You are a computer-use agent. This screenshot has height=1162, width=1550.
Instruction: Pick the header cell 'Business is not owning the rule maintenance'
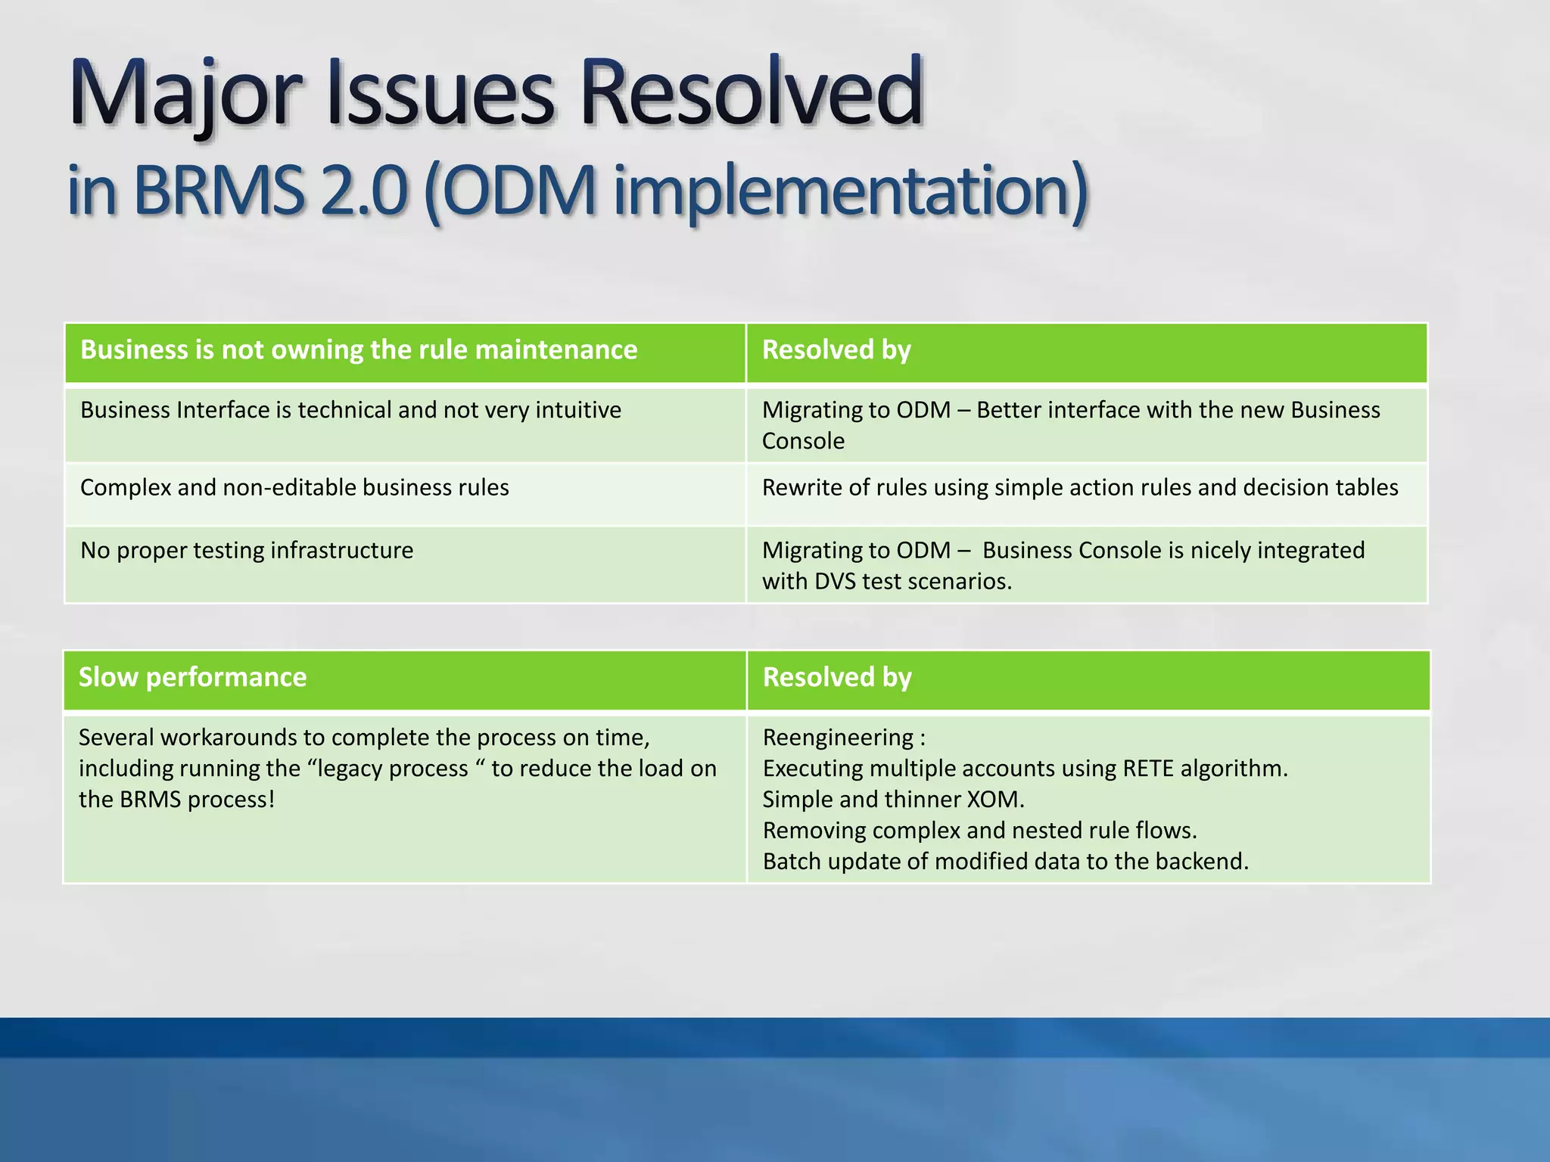[359, 350]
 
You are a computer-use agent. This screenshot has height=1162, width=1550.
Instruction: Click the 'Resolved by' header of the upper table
[836, 350]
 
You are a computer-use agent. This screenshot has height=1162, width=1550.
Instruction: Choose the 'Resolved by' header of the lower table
[836, 677]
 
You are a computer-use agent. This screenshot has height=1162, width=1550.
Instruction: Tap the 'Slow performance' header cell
[192, 677]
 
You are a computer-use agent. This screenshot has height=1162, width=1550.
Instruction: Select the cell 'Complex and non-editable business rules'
[294, 487]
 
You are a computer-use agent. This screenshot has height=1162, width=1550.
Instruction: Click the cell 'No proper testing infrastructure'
[247, 550]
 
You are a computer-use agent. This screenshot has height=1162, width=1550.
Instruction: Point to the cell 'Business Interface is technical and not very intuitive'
[350, 410]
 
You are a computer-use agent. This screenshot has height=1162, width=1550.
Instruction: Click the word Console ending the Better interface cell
[802, 441]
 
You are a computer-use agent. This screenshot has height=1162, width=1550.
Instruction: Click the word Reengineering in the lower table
[838, 737]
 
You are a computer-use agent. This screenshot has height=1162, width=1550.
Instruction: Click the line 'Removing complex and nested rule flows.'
[979, 831]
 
